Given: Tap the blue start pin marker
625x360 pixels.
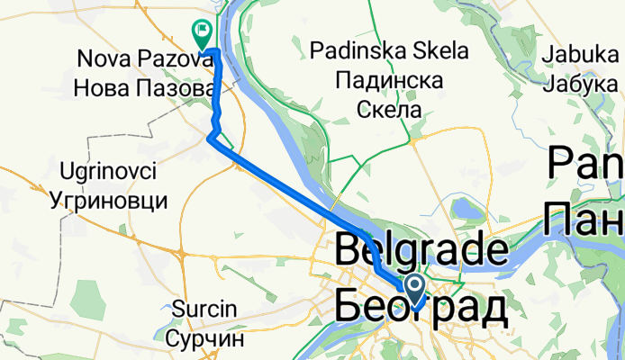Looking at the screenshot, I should coord(415,290).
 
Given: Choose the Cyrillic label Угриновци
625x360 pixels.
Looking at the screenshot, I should coord(108,197).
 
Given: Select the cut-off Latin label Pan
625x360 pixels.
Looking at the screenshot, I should coord(585,168).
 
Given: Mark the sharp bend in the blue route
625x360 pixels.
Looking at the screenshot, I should coord(211,138).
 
